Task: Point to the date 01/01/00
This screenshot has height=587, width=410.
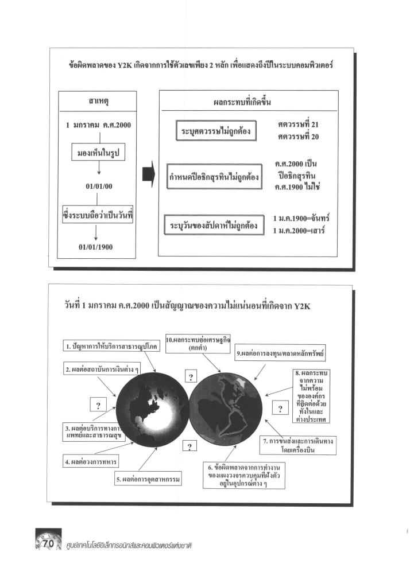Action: tap(99, 186)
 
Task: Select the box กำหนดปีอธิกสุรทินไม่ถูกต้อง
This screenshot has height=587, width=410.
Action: tap(214, 178)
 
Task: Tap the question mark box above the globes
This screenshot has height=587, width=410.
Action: tap(189, 377)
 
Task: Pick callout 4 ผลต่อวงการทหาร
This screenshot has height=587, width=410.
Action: tap(91, 461)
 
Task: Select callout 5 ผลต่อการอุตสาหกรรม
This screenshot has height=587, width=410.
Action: tap(148, 479)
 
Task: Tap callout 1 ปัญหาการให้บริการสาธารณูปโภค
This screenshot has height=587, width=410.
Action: tap(110, 347)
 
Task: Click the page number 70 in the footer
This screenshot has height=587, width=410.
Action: tap(49, 543)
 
